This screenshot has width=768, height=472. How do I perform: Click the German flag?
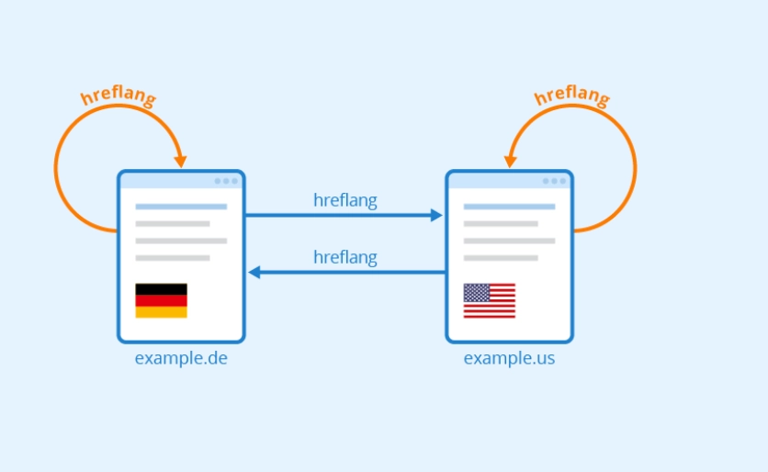[x=161, y=300]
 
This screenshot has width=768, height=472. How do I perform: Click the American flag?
[x=489, y=300]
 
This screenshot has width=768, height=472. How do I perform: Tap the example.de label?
[x=181, y=358]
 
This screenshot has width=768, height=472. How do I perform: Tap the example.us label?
[x=509, y=358]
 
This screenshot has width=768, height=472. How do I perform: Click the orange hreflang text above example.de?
[x=119, y=96]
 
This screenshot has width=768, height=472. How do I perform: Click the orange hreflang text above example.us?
[x=570, y=96]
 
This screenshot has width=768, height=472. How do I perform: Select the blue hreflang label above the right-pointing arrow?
[x=344, y=200]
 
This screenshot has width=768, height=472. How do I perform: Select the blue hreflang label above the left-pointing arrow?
[x=344, y=257]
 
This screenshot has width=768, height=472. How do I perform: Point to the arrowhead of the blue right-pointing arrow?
[x=436, y=216]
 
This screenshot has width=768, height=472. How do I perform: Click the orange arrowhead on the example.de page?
[x=181, y=161]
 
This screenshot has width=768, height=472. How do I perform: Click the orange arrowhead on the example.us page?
[x=510, y=161]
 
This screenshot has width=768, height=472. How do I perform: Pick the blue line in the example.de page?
[x=181, y=207]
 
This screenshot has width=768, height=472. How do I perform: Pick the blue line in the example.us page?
[x=509, y=207]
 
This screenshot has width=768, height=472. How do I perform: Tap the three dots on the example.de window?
[x=227, y=181]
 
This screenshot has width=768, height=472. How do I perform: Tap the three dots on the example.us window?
[x=555, y=181]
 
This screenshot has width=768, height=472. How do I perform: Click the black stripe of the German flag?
[x=161, y=288]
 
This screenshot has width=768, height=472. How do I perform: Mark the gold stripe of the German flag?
[x=161, y=312]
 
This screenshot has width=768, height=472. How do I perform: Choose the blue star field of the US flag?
[x=476, y=293]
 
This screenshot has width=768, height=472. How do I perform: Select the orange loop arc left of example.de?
[x=56, y=170]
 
